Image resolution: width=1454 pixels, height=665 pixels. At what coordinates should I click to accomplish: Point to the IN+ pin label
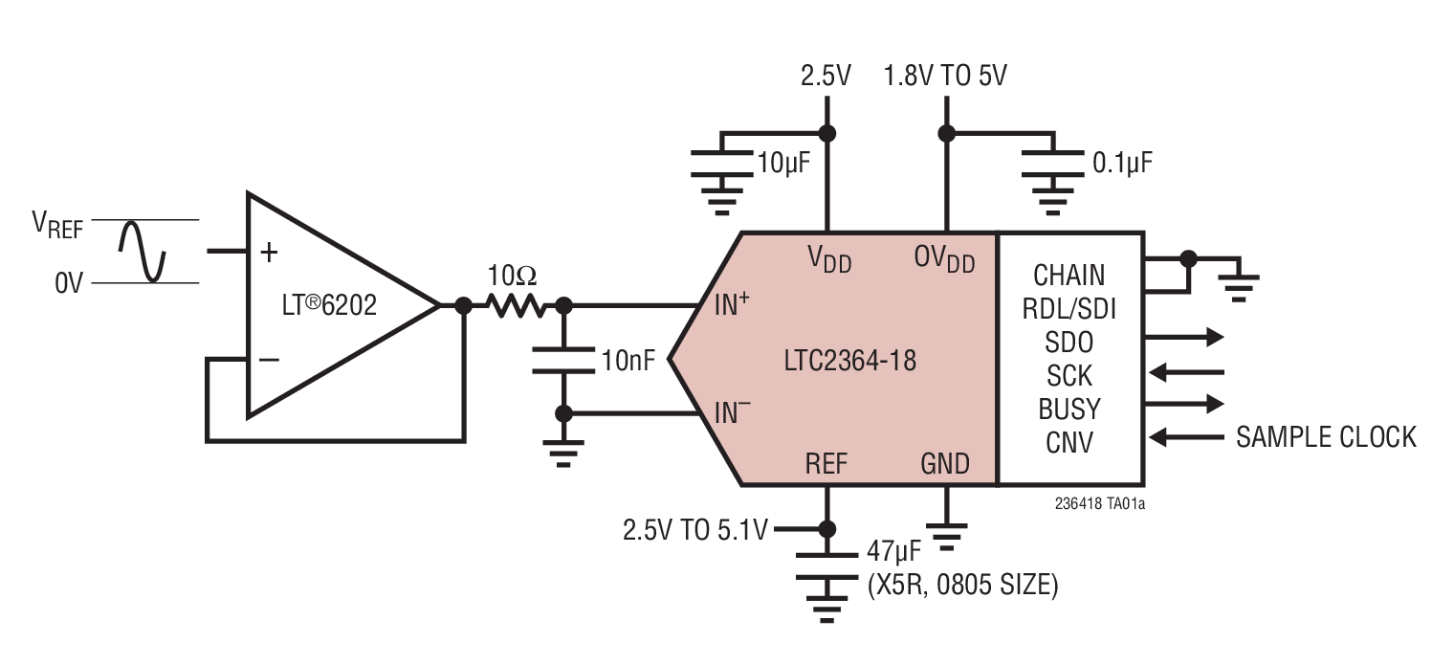733,305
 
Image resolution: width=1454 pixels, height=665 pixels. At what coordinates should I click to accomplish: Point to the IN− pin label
733,413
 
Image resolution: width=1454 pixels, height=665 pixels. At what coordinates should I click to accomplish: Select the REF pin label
826,464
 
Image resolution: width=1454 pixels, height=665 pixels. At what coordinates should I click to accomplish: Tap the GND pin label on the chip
945,464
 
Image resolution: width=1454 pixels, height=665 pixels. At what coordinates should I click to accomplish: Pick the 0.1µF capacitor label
1122,163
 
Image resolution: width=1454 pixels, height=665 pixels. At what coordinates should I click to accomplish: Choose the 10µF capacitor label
783,163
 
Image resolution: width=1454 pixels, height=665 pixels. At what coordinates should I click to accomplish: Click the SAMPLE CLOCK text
1326,437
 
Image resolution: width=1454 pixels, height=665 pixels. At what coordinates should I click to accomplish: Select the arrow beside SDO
1185,337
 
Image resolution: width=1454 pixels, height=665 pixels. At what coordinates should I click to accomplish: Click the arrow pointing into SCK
1185,371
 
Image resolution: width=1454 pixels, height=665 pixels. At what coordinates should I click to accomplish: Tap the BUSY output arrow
1185,403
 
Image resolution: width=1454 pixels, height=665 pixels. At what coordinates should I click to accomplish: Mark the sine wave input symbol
143,251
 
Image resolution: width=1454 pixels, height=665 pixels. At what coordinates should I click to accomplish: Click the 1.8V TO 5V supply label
945,76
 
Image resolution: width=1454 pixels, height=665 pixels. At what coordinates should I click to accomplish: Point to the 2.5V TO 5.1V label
694,529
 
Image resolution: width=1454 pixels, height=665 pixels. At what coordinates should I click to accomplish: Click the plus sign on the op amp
270,253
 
